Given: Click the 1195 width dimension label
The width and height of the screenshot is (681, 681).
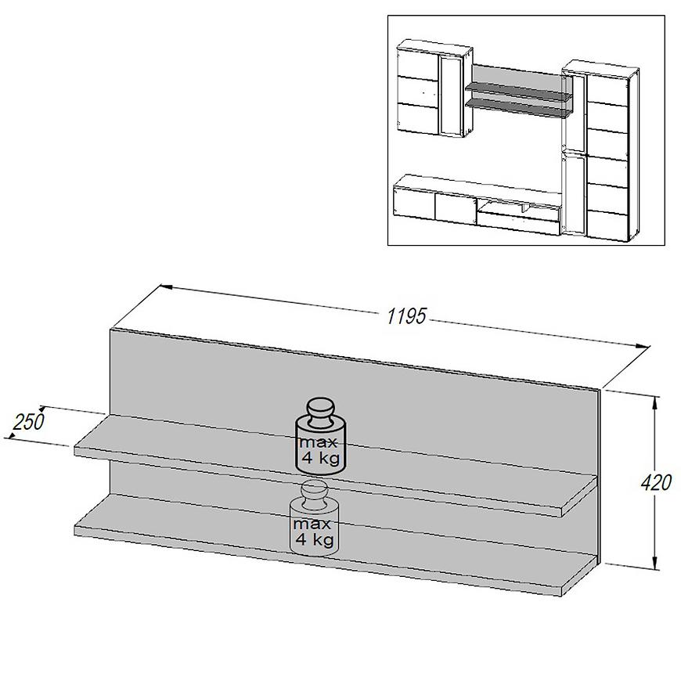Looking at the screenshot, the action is tap(406, 315).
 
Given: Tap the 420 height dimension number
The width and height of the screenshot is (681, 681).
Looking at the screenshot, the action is tap(656, 482).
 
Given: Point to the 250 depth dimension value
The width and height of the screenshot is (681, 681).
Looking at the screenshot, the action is tap(28, 421).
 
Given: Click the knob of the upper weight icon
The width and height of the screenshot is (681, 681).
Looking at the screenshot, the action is tap(321, 409).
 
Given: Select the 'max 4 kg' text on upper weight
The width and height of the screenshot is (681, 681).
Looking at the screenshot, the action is tap(320, 450).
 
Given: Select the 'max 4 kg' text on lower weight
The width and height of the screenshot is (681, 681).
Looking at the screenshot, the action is tap(315, 531).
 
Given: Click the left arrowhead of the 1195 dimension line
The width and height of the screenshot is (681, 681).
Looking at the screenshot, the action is tap(168, 286).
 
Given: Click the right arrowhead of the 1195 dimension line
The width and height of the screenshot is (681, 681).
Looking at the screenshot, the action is tap(643, 346).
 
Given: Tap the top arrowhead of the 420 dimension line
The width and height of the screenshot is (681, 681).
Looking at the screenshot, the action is tap(655, 402).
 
